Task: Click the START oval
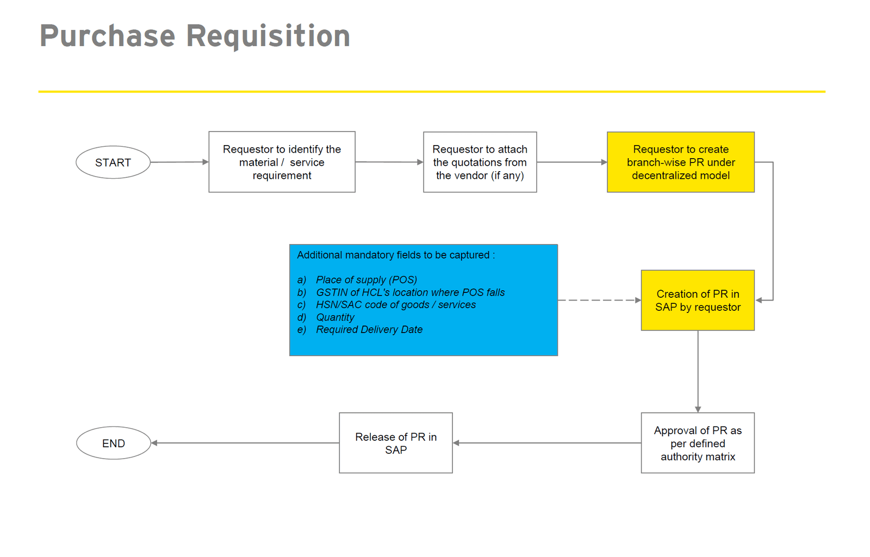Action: (113, 162)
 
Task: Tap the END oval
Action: (113, 443)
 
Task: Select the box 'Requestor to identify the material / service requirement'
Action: (282, 162)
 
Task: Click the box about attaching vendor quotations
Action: (480, 162)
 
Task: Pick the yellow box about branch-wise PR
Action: (680, 162)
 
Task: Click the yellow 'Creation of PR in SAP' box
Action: (698, 301)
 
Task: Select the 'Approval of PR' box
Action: (698, 443)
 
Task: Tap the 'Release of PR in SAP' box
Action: (396, 443)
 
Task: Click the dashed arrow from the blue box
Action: (598, 300)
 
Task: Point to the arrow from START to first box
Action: (179, 162)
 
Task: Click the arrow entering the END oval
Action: (245, 443)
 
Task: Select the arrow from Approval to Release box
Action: (546, 443)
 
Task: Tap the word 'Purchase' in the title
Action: (108, 36)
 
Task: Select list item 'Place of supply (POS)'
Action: (366, 280)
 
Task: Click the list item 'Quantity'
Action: (335, 317)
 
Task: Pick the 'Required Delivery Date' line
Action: (369, 330)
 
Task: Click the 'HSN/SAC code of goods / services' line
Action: (395, 305)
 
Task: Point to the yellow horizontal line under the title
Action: (431, 91)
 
